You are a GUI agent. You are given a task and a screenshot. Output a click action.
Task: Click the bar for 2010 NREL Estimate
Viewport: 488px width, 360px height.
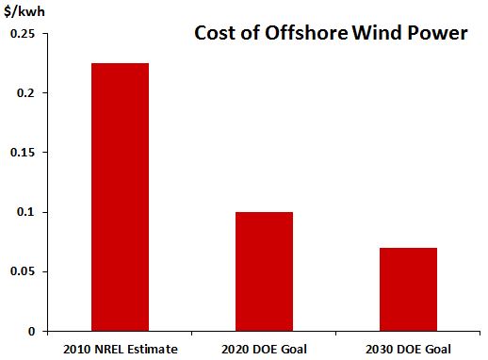click(120, 197)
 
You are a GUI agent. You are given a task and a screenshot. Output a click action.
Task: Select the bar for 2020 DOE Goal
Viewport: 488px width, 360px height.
click(264, 271)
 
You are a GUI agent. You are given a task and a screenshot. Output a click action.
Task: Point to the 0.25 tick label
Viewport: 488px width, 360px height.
click(23, 34)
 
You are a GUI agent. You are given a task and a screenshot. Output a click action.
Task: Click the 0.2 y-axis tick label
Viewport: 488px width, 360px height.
click(26, 93)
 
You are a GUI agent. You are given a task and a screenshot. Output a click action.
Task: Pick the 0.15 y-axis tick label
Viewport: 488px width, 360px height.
click(23, 153)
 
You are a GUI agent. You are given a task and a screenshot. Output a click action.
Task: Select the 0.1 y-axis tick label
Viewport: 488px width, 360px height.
click(26, 212)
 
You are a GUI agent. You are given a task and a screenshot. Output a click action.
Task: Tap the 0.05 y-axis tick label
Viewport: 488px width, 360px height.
click(23, 271)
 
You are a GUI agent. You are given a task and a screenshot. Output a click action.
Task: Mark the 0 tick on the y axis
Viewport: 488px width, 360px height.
click(31, 331)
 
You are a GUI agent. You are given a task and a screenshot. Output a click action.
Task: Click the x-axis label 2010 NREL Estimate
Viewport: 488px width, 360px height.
click(120, 350)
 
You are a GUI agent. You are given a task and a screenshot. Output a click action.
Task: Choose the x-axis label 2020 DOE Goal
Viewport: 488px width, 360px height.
click(264, 350)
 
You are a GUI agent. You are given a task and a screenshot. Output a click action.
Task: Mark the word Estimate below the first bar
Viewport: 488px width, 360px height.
click(155, 350)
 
